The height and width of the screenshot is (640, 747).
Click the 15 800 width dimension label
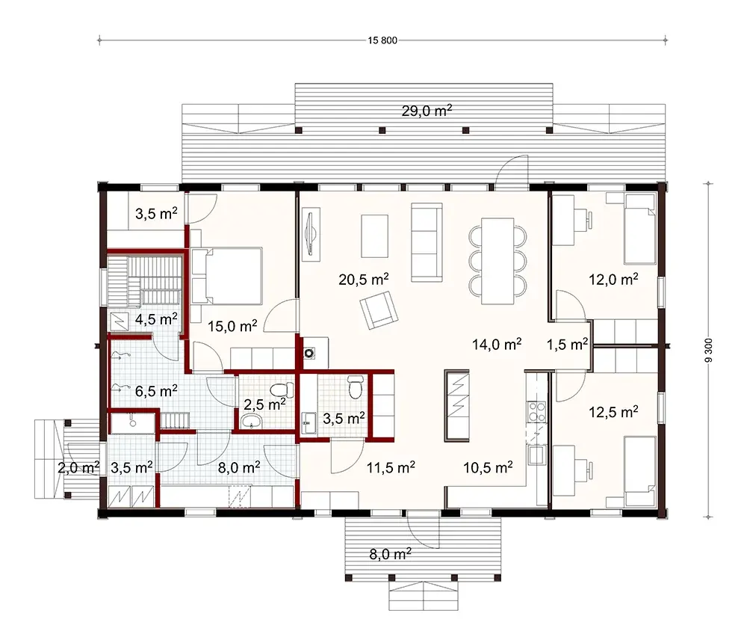[382, 40]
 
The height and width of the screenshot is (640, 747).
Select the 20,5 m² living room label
[363, 279]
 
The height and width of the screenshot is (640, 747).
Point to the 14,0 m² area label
[497, 344]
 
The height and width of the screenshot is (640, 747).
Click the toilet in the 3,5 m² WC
[356, 387]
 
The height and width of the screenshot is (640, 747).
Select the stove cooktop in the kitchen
[536, 411]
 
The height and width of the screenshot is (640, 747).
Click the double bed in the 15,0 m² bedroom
[226, 276]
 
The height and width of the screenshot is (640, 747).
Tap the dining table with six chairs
[498, 260]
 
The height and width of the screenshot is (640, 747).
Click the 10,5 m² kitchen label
[488, 467]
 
